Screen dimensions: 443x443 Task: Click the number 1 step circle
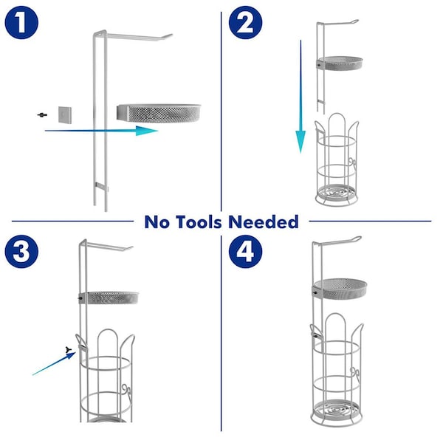tap(21, 22)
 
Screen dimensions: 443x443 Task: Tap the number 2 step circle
tap(245, 22)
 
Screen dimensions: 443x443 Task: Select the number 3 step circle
tap(21, 252)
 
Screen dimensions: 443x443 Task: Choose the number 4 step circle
tap(245, 252)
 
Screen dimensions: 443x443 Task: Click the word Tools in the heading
tap(199, 221)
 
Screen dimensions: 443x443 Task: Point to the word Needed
tap(264, 221)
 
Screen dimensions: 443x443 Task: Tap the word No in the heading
tap(157, 221)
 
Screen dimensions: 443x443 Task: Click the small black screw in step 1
tap(42, 114)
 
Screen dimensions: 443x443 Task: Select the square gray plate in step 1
tap(65, 114)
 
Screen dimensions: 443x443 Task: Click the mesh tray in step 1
tap(159, 113)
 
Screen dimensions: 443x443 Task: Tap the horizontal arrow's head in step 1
tap(146, 131)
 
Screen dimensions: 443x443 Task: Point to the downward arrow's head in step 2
tap(301, 142)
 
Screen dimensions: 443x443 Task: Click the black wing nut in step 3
tap(69, 350)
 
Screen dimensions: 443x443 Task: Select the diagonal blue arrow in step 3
tap(54, 363)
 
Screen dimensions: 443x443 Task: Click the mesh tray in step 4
tap(340, 289)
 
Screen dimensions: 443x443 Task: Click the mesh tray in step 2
tap(340, 63)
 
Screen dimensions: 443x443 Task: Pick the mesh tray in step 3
tap(109, 298)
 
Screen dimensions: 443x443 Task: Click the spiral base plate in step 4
tap(337, 410)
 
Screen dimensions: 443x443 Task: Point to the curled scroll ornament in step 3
tap(127, 391)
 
